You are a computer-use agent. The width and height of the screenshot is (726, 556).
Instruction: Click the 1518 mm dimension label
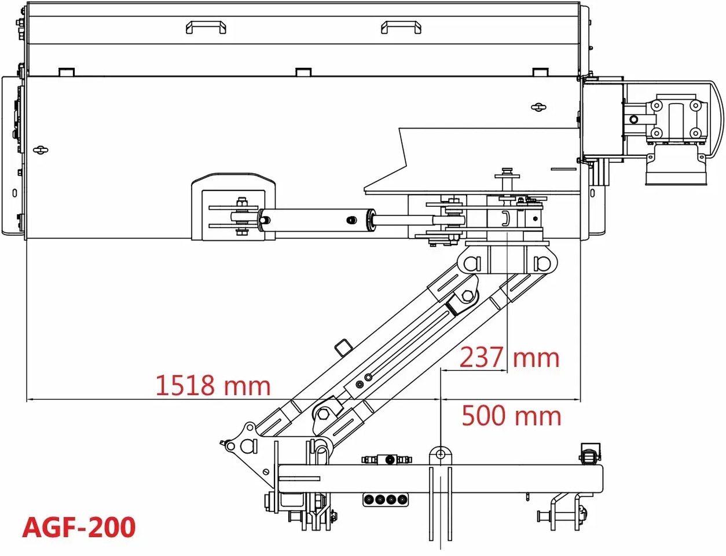[x=213, y=385]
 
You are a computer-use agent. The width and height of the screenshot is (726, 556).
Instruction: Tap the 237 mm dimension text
[x=509, y=357]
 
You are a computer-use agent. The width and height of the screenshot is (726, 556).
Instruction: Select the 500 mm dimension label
[x=511, y=415]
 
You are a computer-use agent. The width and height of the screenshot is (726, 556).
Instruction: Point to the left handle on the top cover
[x=206, y=27]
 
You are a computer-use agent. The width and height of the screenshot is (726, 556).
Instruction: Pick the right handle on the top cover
[x=401, y=27]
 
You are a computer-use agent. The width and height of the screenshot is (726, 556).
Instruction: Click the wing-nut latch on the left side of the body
[x=41, y=150]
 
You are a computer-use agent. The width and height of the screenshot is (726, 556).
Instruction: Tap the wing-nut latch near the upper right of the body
[x=538, y=107]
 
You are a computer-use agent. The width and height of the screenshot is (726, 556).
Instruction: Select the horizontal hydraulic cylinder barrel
[x=316, y=220]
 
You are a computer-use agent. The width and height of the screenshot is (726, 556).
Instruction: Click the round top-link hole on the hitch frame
[x=441, y=455]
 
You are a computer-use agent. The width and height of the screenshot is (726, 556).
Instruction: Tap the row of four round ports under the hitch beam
[x=386, y=499]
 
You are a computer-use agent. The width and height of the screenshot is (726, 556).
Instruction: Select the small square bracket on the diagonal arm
[x=343, y=348]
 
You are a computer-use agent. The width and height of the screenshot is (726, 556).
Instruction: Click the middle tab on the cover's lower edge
[x=303, y=72]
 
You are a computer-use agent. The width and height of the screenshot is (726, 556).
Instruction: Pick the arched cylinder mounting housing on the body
[x=233, y=207]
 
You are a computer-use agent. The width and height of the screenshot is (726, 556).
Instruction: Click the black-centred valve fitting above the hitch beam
[x=388, y=460]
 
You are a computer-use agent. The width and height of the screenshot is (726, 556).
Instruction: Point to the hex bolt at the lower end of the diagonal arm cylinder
[x=323, y=414]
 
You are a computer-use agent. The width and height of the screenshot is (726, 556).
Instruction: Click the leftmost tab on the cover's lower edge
[x=67, y=72]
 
